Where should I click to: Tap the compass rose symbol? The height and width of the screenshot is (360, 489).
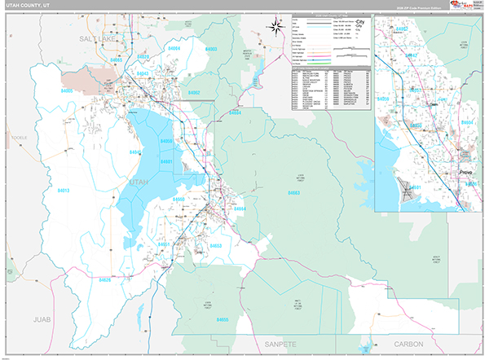(x=275, y=25)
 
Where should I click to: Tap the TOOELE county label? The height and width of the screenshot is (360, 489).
(x=19, y=138)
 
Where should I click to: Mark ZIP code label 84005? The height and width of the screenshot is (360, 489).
(x=66, y=91)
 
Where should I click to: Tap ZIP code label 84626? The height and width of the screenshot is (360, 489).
(x=104, y=279)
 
